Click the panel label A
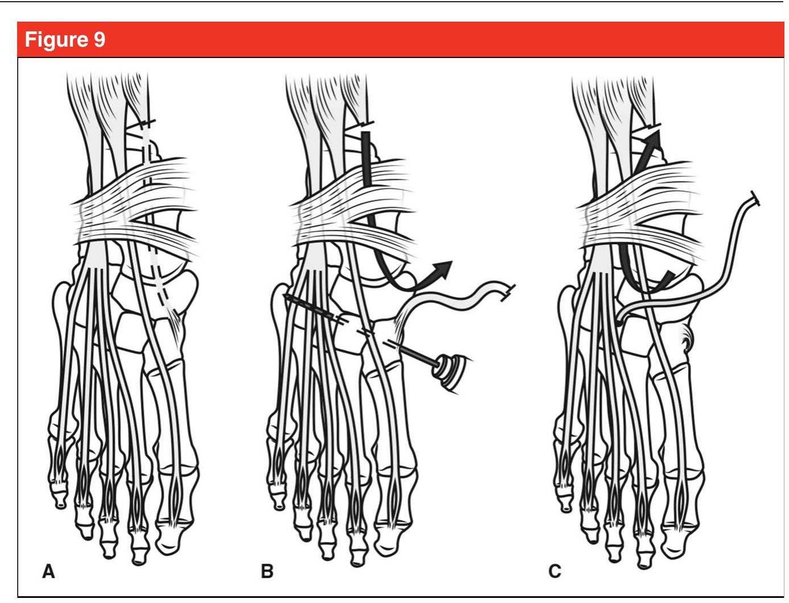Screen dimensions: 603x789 (50, 571)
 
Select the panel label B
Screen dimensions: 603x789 (267, 571)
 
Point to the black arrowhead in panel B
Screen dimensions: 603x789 (443, 267)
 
